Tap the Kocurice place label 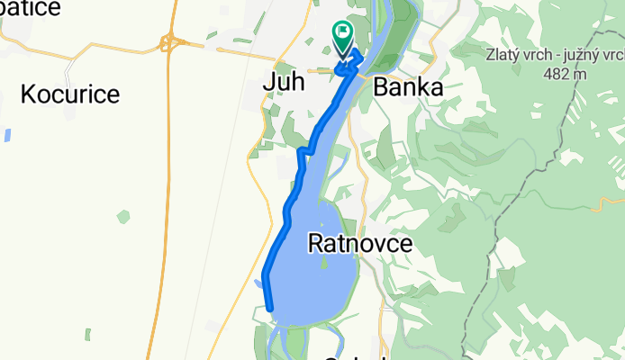[69, 94]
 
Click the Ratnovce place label [360, 243]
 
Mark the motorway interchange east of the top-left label [168, 41]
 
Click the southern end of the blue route [269, 308]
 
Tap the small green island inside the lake [322, 263]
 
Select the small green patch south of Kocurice [122, 217]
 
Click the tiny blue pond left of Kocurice [7, 136]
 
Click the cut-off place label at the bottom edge [355, 356]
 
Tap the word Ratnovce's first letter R [316, 243]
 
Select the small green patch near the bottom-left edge [87, 335]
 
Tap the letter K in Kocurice [27, 94]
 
